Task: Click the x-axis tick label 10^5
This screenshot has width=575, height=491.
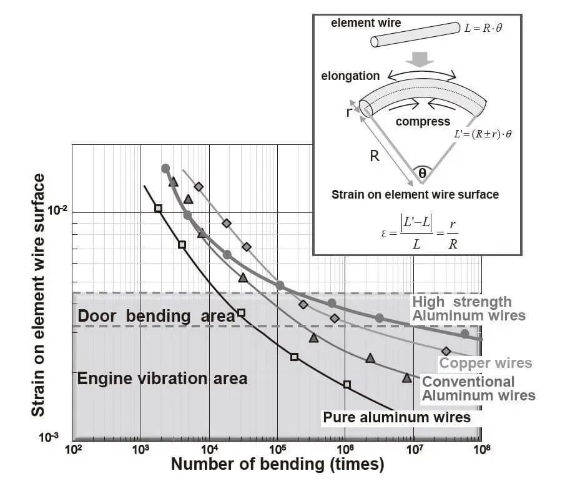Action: point(278,449)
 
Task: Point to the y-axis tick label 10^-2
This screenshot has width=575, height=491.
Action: point(57,211)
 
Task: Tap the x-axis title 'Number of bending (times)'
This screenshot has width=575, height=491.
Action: point(278,464)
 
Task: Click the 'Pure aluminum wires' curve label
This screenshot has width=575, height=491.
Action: point(396,418)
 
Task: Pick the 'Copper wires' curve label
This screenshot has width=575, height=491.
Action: point(486,363)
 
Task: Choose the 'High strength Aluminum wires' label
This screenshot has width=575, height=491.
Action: point(469,309)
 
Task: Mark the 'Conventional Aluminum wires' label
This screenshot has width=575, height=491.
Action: point(479,389)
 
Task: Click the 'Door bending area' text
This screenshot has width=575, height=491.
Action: point(156,316)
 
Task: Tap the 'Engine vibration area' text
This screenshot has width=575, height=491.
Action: point(162,379)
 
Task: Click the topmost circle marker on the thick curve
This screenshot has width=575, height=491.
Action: point(165,169)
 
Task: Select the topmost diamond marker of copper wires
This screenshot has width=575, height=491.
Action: point(199,187)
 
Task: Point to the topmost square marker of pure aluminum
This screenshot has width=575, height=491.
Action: point(158,209)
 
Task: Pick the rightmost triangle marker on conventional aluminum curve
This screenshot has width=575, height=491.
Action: point(406,377)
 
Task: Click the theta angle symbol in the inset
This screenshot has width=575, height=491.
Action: point(422,173)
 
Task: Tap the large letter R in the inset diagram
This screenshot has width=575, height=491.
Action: point(375,156)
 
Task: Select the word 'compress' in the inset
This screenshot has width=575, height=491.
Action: point(423,121)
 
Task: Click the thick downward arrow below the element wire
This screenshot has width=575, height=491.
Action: point(420,59)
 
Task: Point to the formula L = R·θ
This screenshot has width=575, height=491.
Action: point(483,28)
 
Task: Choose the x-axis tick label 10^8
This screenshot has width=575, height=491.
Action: point(482,449)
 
